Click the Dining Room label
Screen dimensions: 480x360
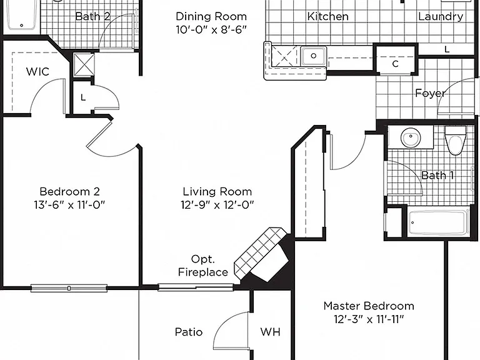tap(211, 16)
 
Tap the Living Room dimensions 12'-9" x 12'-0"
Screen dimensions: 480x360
tap(217, 205)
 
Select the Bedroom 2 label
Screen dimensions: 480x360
tap(70, 191)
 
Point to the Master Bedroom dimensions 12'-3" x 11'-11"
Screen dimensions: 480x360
tap(369, 319)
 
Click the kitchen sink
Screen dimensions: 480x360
tap(313, 56)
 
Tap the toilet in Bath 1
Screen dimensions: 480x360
tap(456, 141)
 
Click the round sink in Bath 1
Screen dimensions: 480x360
tap(410, 137)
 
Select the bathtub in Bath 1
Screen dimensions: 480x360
tap(438, 222)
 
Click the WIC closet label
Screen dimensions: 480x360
tap(37, 72)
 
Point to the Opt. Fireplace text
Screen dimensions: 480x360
tap(203, 266)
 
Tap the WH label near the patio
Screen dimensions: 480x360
tap(270, 332)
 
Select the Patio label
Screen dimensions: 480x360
tap(189, 332)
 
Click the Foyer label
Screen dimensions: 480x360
tap(430, 93)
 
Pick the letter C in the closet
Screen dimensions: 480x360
tap(395, 64)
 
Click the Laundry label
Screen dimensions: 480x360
tap(441, 16)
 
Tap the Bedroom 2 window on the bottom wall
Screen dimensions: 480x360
tap(69, 288)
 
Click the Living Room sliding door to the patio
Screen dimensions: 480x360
tap(196, 287)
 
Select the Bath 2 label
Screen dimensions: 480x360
tap(92, 16)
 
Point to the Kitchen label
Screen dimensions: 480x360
tap(328, 16)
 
